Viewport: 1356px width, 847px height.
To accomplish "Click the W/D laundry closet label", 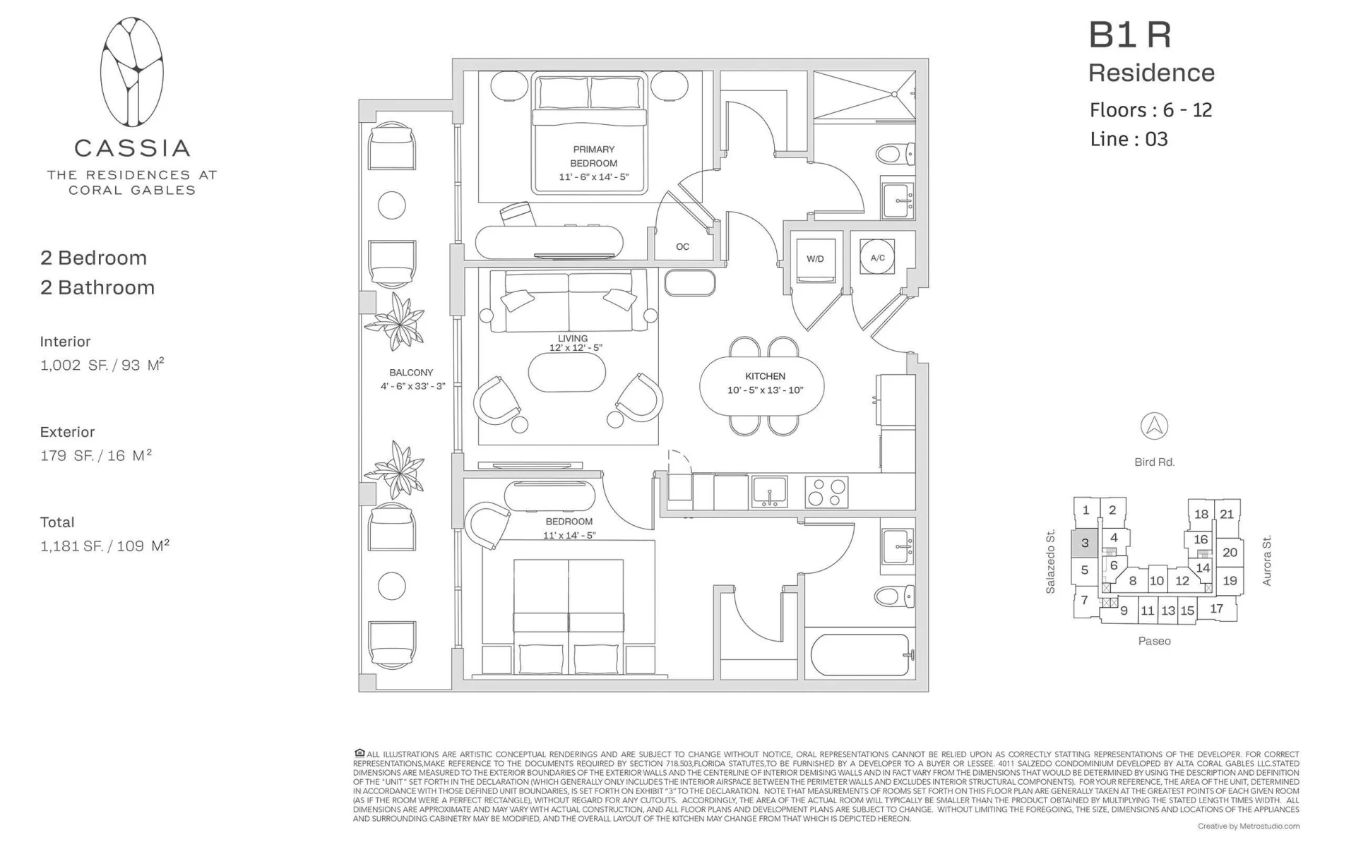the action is (x=815, y=259).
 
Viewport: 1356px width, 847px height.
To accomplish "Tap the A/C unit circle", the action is (x=878, y=258).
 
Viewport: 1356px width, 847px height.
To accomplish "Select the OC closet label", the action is (x=682, y=246).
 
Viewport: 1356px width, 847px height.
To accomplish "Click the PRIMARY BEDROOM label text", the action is (x=594, y=156).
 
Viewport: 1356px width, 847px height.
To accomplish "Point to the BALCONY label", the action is (x=411, y=373).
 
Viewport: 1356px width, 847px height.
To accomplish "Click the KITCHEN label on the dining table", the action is (x=766, y=376).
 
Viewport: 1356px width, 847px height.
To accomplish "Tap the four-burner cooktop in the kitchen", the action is (x=827, y=492).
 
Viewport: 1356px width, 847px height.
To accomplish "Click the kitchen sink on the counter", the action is (x=769, y=492).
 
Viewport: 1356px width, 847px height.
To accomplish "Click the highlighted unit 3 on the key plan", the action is (x=1085, y=543).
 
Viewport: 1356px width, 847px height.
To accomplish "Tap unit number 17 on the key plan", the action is (x=1216, y=608).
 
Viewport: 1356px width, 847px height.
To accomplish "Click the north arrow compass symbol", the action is (x=1154, y=426).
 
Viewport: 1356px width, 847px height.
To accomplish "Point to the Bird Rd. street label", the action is (x=1155, y=462).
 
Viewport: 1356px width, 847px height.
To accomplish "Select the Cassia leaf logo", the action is (x=132, y=72).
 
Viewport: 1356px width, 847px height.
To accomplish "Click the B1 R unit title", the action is (x=1130, y=35).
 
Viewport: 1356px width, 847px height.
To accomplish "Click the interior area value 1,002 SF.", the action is (x=71, y=366).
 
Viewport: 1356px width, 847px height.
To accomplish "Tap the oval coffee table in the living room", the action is (x=567, y=371).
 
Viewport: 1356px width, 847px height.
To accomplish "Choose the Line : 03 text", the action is (x=1129, y=139).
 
